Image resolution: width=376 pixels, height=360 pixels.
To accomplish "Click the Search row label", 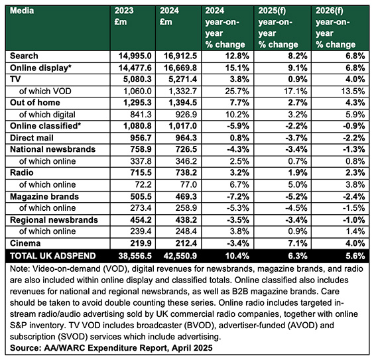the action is tap(24, 56).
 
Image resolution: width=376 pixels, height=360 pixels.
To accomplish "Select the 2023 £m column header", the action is tap(124, 16).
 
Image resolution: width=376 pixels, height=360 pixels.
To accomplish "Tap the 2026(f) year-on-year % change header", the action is tap(336, 27).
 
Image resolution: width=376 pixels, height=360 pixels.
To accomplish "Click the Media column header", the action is tap(22, 11).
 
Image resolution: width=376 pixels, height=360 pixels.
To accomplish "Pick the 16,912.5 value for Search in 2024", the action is tap(180, 56).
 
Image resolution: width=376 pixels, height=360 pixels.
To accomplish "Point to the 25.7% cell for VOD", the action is tap(237, 91).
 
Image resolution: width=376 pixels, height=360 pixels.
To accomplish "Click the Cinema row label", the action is tap(25, 243).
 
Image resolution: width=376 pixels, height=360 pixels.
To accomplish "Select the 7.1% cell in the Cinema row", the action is tap(298, 243).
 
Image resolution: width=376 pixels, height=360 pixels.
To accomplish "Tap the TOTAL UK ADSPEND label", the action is tap(53, 256).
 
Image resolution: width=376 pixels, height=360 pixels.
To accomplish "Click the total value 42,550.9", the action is tap(180, 256).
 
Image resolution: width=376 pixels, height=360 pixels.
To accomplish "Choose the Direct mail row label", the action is tap(32, 138).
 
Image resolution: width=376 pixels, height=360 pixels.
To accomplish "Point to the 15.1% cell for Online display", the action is tap(237, 68).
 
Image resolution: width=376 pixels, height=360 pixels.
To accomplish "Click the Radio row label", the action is tap(22, 172).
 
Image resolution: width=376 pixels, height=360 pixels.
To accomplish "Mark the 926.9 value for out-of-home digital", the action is tap(186, 115).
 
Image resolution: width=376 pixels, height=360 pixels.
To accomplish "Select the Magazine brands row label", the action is tap(44, 196).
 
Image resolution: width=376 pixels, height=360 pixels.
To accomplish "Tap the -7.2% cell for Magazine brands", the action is tap(238, 196).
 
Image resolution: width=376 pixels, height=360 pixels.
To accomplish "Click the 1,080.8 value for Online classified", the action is tap(137, 126).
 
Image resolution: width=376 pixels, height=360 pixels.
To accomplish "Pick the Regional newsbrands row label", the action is tap(54, 220).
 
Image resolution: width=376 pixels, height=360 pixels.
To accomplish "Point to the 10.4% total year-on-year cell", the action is tap(237, 256).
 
